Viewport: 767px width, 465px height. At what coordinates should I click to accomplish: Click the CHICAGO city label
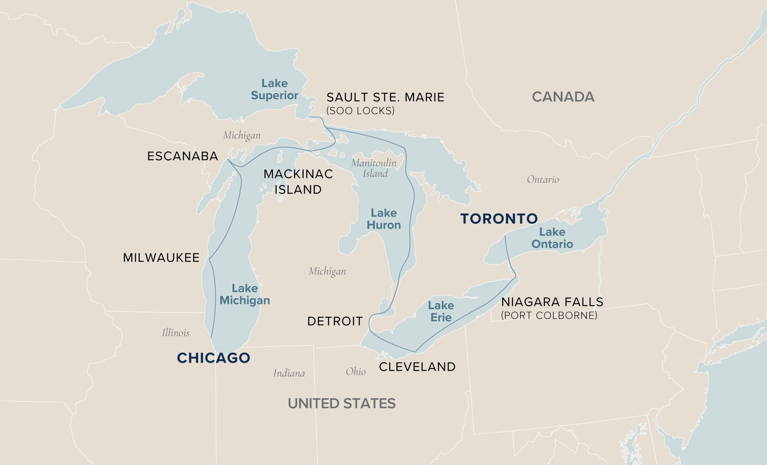point(213,358)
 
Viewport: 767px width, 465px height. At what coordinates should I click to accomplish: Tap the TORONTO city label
point(499,219)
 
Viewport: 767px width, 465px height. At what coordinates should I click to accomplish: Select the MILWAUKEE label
point(161,257)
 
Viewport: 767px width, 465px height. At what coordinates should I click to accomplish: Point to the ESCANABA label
point(183,156)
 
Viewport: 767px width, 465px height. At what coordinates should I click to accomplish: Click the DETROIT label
point(335,321)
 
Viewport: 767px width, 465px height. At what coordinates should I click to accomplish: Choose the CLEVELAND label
point(417,367)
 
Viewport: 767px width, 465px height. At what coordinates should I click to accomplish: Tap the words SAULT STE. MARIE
point(385,97)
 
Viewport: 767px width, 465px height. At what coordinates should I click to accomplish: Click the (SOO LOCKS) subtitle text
point(360,111)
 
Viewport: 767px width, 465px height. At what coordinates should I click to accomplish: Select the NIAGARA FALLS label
point(552,302)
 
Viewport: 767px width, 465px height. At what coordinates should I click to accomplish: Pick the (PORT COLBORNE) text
point(549,315)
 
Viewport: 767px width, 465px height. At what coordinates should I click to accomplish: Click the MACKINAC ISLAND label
point(298,182)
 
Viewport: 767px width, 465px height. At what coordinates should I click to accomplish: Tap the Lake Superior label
point(274,89)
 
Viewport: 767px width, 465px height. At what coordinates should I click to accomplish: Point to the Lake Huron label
point(383,219)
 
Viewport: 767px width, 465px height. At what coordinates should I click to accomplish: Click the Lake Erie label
point(441,311)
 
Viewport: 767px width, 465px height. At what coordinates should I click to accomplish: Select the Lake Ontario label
point(552,238)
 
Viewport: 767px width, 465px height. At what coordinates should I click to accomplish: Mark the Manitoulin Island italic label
point(374,168)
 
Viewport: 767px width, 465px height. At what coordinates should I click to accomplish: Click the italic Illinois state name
point(175,333)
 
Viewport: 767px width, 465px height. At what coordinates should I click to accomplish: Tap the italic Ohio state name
point(356,372)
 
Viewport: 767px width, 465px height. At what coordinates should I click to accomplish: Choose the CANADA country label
point(563,97)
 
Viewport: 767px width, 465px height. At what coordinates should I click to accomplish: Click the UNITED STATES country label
point(342,403)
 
